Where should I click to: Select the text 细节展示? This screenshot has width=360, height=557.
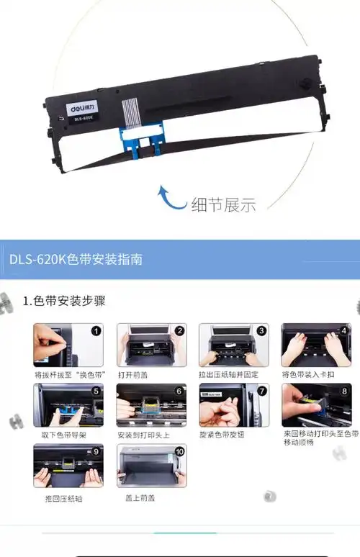(223, 204)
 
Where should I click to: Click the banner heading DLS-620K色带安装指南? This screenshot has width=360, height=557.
(76, 259)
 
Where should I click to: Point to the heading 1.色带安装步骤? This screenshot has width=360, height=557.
(64, 301)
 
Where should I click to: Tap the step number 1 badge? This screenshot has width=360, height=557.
(96, 332)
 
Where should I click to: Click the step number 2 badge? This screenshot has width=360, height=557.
(179, 332)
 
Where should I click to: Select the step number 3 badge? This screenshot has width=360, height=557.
(261, 332)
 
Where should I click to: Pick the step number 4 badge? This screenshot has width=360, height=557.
(344, 332)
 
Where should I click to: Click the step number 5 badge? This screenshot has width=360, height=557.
(96, 392)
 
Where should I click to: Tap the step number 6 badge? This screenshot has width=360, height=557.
(179, 392)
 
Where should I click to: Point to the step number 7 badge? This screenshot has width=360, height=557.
(261, 392)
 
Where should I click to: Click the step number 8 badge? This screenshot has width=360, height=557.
(344, 392)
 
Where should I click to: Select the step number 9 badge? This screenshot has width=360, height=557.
(96, 453)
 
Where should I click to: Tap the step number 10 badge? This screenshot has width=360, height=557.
(179, 453)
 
